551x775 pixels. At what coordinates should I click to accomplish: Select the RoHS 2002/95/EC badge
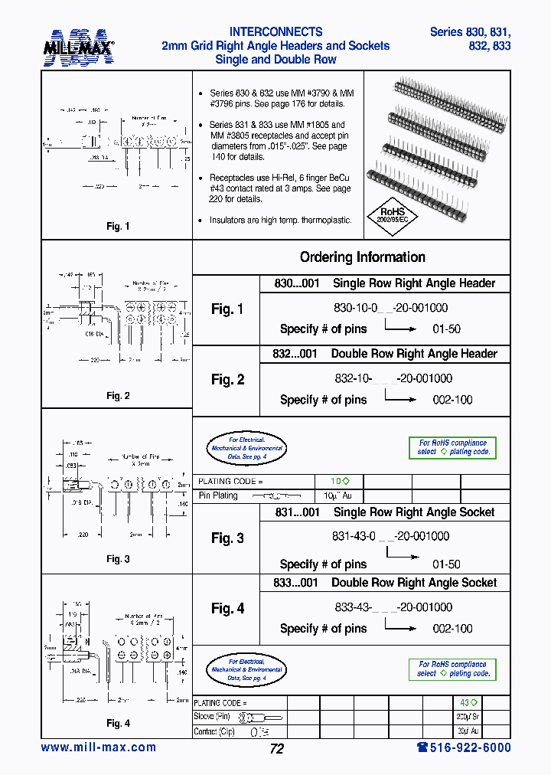tap(394, 214)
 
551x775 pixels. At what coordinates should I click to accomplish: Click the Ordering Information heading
tap(362, 257)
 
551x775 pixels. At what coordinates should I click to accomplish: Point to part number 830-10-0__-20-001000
tap(390, 308)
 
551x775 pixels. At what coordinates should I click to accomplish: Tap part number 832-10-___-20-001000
tap(393, 378)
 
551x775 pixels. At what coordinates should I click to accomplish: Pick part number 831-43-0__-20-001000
tap(391, 537)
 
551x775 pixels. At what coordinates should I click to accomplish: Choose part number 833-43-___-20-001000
tap(393, 607)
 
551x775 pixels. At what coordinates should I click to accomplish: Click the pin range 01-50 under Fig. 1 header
tap(446, 329)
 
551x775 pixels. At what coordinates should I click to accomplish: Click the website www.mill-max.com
tap(98, 747)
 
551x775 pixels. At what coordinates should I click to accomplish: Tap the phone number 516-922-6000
tap(463, 747)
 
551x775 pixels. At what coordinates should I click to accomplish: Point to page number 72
tap(276, 749)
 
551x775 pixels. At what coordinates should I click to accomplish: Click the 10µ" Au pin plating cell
tap(339, 495)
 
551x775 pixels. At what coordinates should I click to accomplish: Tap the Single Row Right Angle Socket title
tap(414, 512)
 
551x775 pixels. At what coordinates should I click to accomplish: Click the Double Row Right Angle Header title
tap(414, 354)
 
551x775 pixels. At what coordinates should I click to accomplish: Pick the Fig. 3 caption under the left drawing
tap(118, 559)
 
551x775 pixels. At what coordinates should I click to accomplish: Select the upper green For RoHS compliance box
tap(452, 447)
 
